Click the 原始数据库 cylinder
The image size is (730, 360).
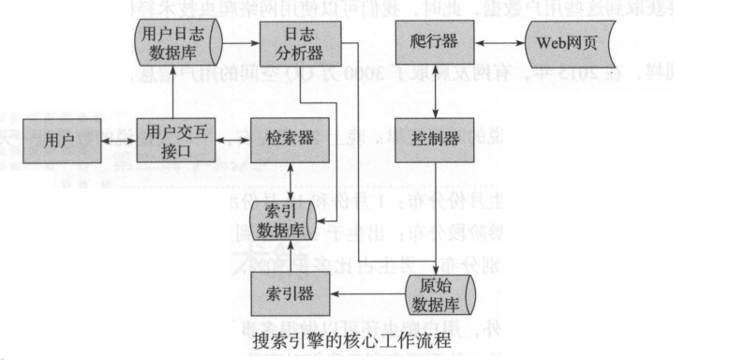(x=440, y=292)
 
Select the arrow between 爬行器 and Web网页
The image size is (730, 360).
(x=506, y=41)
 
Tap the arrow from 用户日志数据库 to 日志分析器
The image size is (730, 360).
(x=241, y=41)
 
